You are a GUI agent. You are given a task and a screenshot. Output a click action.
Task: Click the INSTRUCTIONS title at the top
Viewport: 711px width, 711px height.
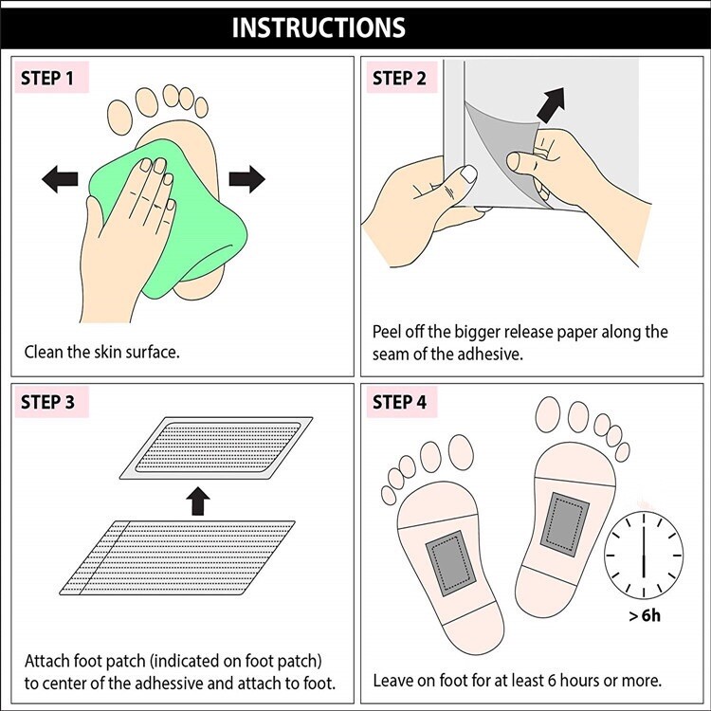[319, 27]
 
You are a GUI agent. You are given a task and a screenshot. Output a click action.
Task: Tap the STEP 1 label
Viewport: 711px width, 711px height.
[47, 78]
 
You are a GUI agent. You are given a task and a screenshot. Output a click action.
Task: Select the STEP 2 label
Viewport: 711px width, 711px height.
[399, 78]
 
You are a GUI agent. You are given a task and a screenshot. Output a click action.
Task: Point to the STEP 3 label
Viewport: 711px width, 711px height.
[47, 402]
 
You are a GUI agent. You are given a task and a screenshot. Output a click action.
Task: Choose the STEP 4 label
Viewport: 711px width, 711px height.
[399, 402]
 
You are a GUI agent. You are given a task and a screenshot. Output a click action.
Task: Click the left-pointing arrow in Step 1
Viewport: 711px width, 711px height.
[60, 178]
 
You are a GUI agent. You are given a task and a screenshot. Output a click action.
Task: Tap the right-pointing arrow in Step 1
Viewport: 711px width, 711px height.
[247, 178]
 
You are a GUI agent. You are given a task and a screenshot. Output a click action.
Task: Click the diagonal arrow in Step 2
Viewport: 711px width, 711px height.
[552, 104]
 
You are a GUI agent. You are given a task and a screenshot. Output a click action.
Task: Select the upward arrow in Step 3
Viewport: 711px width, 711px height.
[198, 501]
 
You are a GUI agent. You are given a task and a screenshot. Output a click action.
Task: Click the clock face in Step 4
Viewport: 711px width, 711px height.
[644, 555]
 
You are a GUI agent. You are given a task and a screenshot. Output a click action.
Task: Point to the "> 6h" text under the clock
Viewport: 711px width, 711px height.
[645, 616]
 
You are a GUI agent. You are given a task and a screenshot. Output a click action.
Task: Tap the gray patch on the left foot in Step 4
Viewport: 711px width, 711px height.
[450, 564]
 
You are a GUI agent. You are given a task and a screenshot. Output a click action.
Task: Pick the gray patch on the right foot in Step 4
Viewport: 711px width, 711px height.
[565, 524]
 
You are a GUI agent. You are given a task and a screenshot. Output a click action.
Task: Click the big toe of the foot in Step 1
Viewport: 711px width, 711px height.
[119, 118]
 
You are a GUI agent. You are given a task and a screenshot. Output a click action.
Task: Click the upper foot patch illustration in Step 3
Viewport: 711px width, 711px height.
[216, 447]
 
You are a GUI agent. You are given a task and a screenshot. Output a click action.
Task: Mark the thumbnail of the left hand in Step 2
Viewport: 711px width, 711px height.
[469, 173]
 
